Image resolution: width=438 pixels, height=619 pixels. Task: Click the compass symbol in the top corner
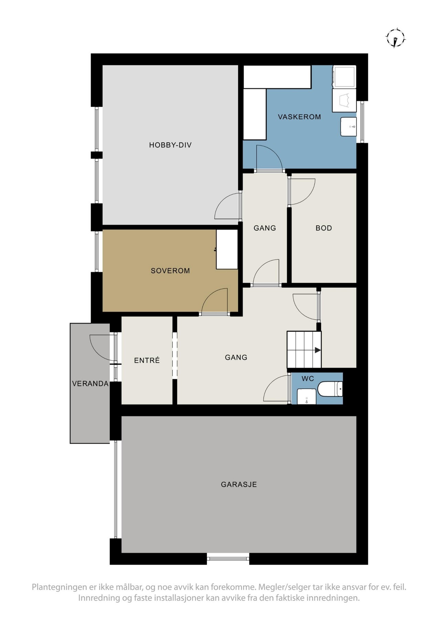(396, 37)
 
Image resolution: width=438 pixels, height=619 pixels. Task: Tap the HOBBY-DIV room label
(170, 145)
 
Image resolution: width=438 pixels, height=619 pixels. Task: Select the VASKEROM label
(299, 117)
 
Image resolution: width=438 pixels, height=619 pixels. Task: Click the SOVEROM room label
(170, 271)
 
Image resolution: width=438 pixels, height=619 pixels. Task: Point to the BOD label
(324, 228)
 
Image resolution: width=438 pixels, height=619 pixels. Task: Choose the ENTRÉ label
(147, 360)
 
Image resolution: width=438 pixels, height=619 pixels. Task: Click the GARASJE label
(239, 485)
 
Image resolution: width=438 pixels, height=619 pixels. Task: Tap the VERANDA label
(90, 383)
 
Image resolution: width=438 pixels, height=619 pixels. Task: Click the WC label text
(308, 379)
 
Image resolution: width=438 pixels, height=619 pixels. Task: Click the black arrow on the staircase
(318, 350)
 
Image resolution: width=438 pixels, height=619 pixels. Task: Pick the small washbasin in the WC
(306, 397)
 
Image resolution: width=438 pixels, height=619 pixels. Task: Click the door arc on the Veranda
(102, 347)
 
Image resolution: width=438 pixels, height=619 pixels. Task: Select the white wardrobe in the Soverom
(227, 249)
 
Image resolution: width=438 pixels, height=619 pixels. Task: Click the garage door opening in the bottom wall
(228, 558)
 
